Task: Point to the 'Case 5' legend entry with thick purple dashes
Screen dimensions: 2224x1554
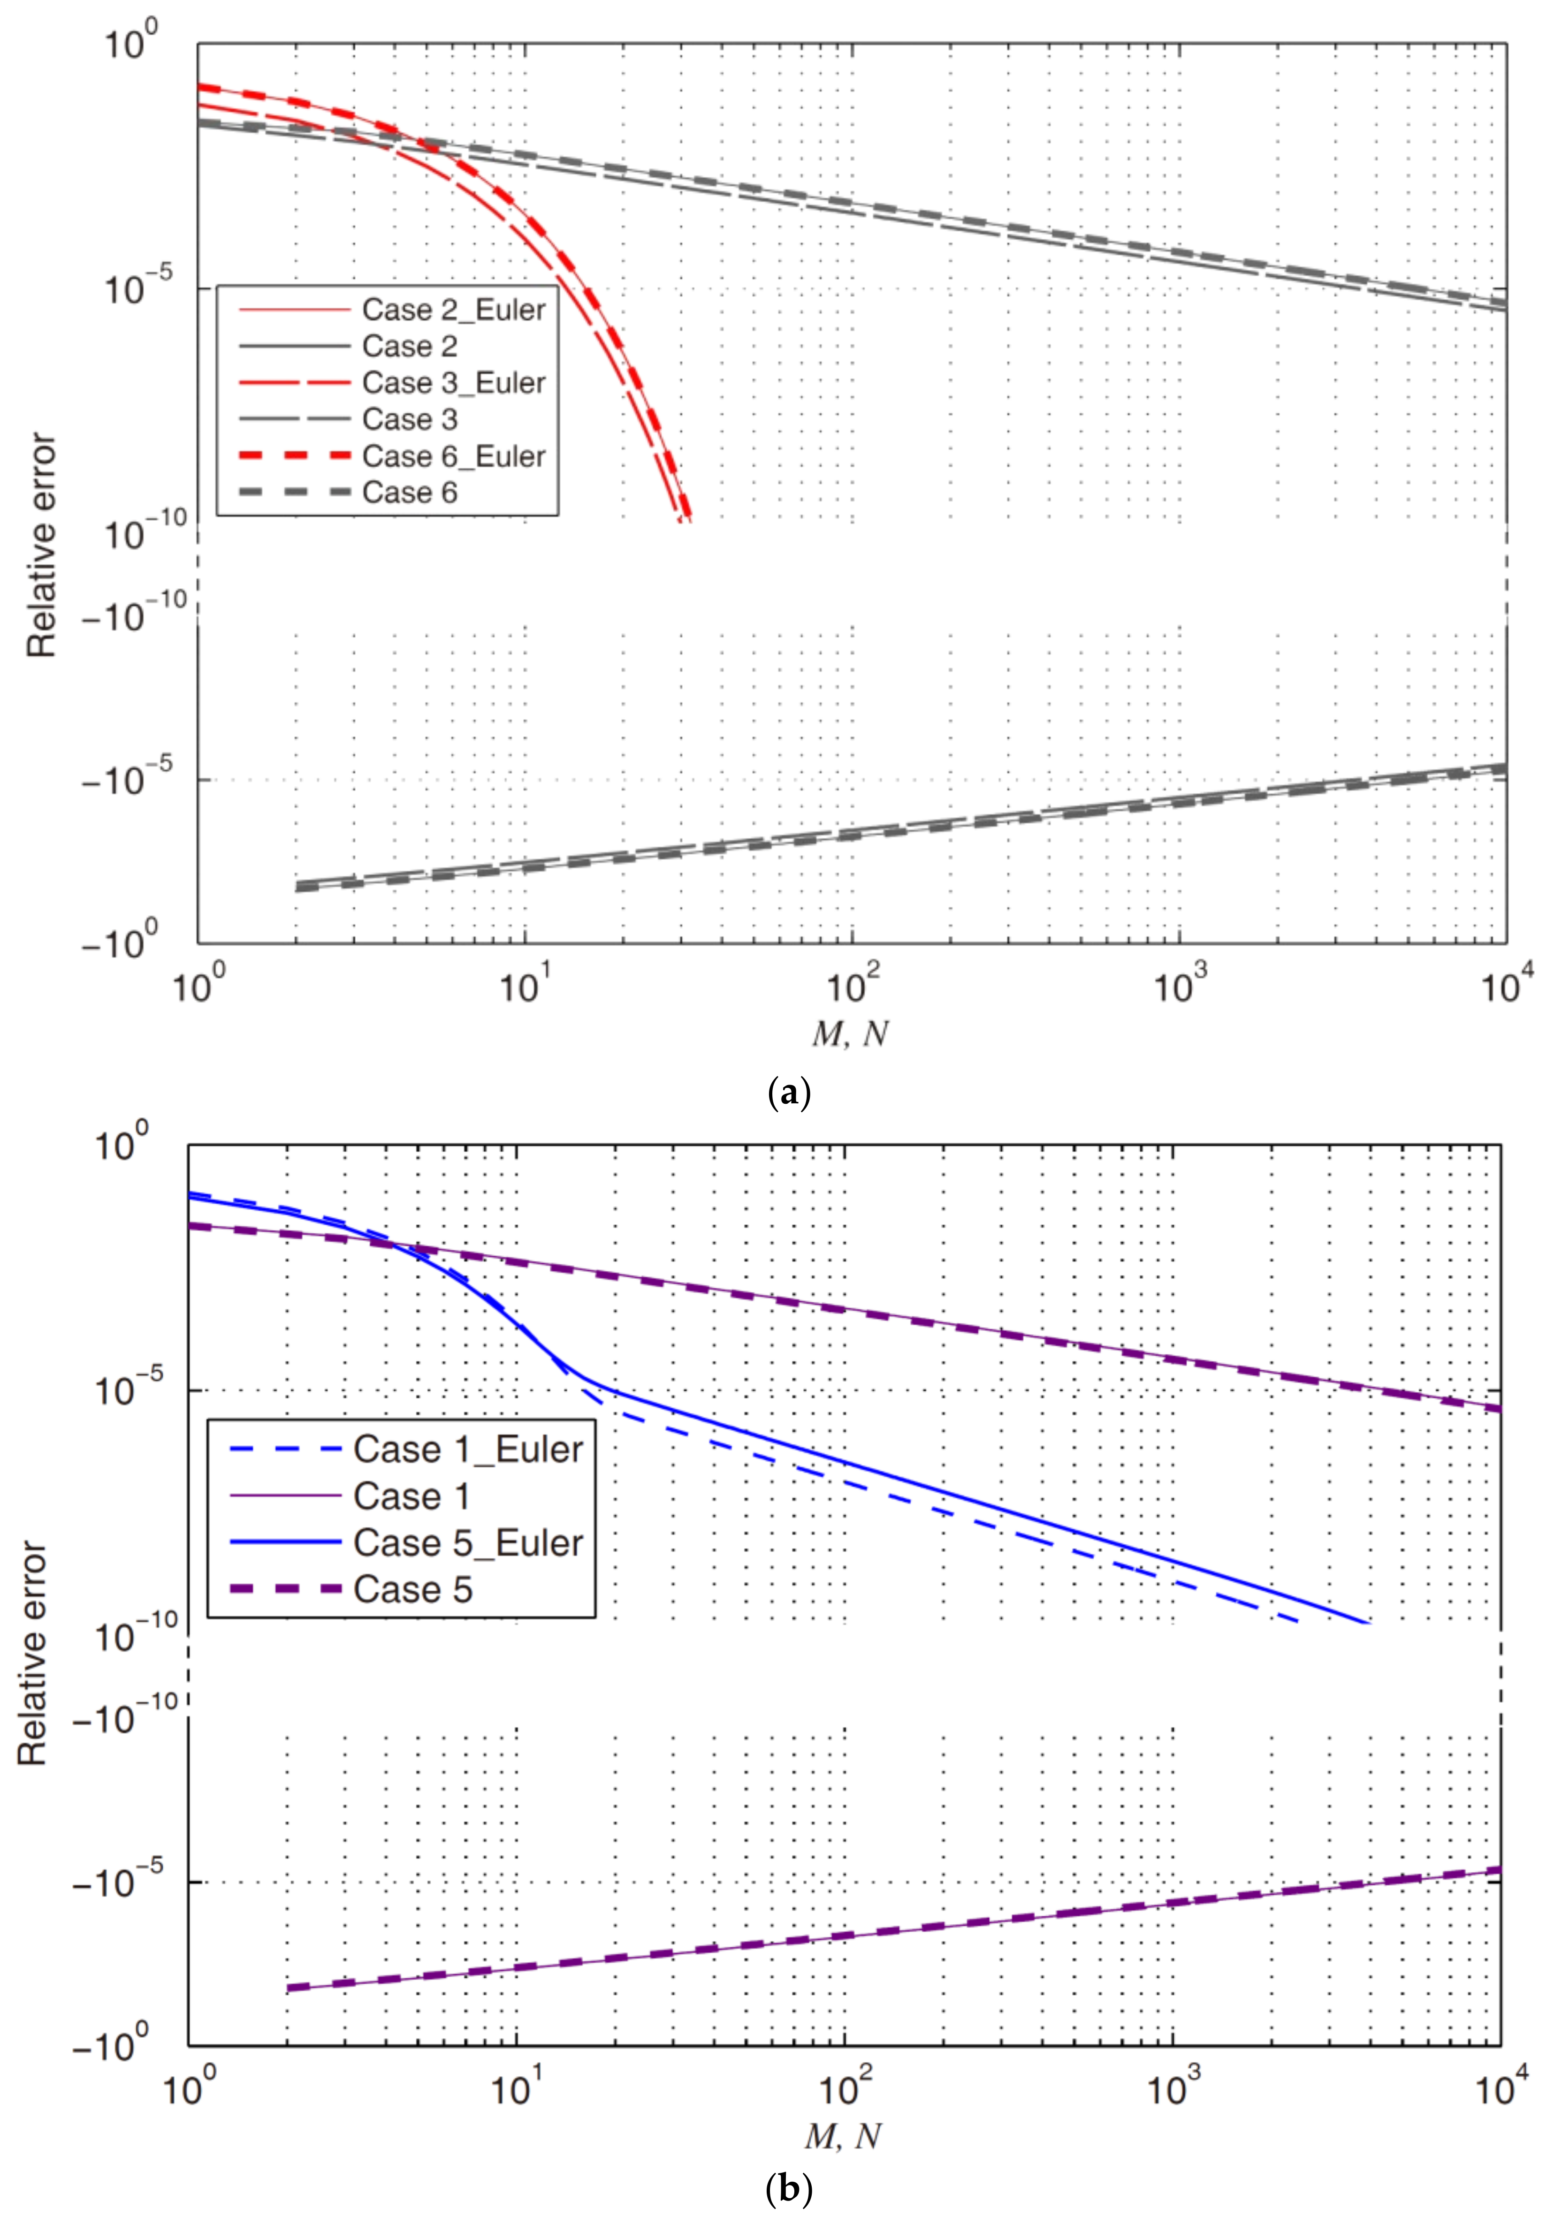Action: point(413,1589)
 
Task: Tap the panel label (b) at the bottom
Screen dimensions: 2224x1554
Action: point(788,2188)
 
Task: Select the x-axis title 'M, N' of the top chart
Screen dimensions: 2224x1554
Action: point(850,1033)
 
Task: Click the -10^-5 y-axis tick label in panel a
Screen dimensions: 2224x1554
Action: point(126,778)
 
